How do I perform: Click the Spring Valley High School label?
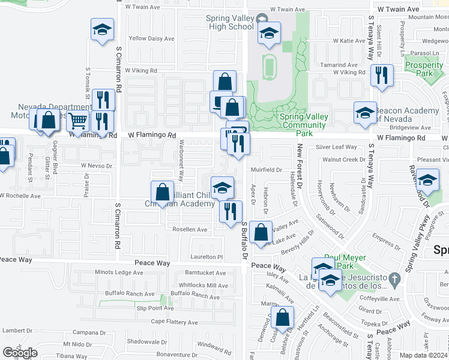(229, 22)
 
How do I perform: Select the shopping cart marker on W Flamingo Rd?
(77, 121)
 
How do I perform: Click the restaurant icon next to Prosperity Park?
(381, 76)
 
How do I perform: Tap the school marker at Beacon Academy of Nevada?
(364, 113)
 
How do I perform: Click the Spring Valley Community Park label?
(303, 121)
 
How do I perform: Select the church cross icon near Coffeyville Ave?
(394, 278)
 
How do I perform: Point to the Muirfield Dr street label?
(266, 170)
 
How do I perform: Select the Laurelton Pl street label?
(208, 256)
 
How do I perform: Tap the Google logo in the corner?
(20, 353)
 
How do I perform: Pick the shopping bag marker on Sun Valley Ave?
(261, 232)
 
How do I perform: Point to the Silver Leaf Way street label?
(336, 147)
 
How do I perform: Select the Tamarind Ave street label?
(339, 65)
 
